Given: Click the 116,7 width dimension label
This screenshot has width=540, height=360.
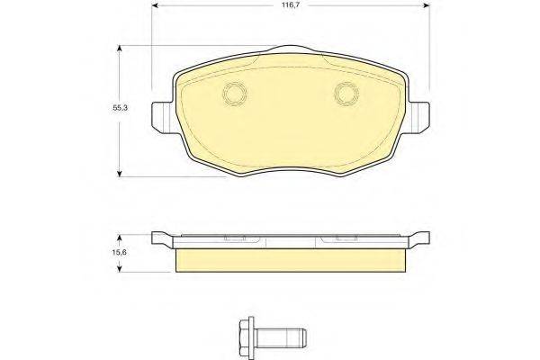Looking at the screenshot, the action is [x=291, y=5].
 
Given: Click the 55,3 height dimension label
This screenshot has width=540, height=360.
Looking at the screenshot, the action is [x=120, y=107].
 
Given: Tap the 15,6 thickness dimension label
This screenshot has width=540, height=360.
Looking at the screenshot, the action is [x=120, y=252].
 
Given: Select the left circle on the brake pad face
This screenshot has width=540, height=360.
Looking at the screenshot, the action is [x=235, y=94].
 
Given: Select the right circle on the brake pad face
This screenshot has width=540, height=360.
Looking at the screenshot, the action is [x=346, y=94].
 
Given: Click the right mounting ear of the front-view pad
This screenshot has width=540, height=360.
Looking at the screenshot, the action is [x=418, y=117].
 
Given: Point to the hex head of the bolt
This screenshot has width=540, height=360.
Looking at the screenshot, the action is [x=247, y=338].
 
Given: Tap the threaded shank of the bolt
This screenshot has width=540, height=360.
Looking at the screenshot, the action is [x=281, y=338].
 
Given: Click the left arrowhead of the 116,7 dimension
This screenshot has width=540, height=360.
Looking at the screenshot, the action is [x=155, y=5].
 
